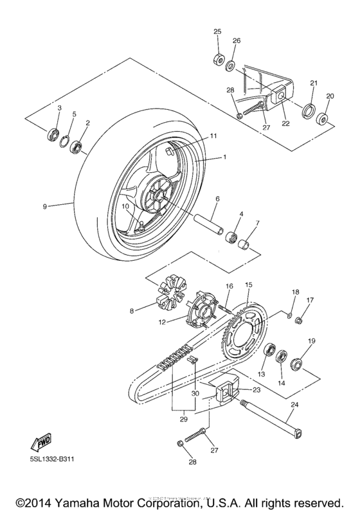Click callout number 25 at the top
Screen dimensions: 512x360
pyautogui.click(x=217, y=31)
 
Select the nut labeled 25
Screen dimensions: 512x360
pyautogui.click(x=217, y=59)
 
